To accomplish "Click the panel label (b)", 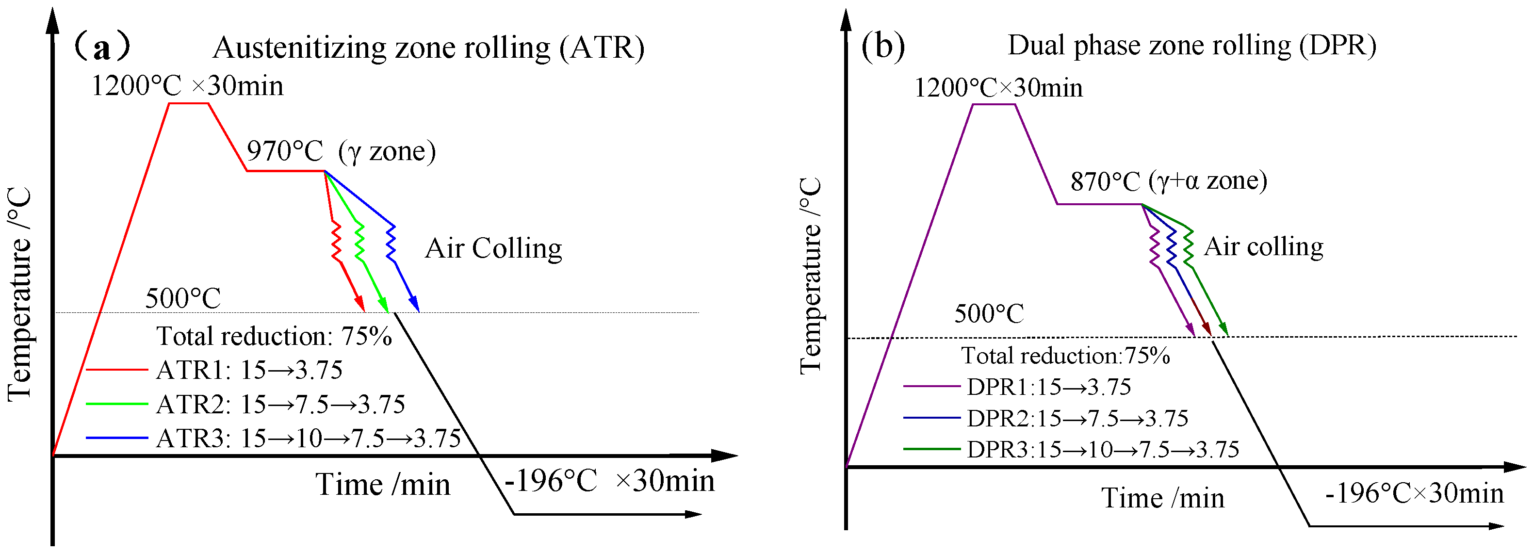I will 883,45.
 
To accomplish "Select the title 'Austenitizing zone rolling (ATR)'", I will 428,48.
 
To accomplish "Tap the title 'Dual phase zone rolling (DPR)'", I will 1191,45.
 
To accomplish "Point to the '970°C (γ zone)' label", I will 341,151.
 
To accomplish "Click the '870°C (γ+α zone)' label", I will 1168,181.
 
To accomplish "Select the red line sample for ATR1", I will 116,370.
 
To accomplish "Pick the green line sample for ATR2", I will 116,404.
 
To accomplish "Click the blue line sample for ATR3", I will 116,438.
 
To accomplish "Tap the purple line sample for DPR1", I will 931,386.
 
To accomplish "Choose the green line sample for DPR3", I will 931,449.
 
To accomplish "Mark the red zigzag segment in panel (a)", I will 336,241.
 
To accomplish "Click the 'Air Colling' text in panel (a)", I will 493,248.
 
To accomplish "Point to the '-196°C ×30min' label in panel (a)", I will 609,481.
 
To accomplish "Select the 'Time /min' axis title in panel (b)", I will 1163,498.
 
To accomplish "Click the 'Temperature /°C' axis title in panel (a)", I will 19,294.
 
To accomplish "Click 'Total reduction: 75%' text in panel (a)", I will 274,336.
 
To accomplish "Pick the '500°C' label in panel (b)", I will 989,313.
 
